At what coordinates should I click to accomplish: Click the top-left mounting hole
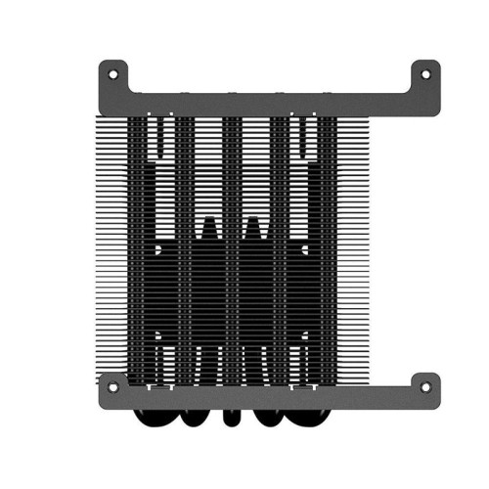112,73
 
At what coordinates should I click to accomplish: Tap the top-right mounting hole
423,73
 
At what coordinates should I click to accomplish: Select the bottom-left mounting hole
112,386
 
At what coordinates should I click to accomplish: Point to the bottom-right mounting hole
423,386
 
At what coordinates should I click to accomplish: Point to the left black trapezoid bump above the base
207,233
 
